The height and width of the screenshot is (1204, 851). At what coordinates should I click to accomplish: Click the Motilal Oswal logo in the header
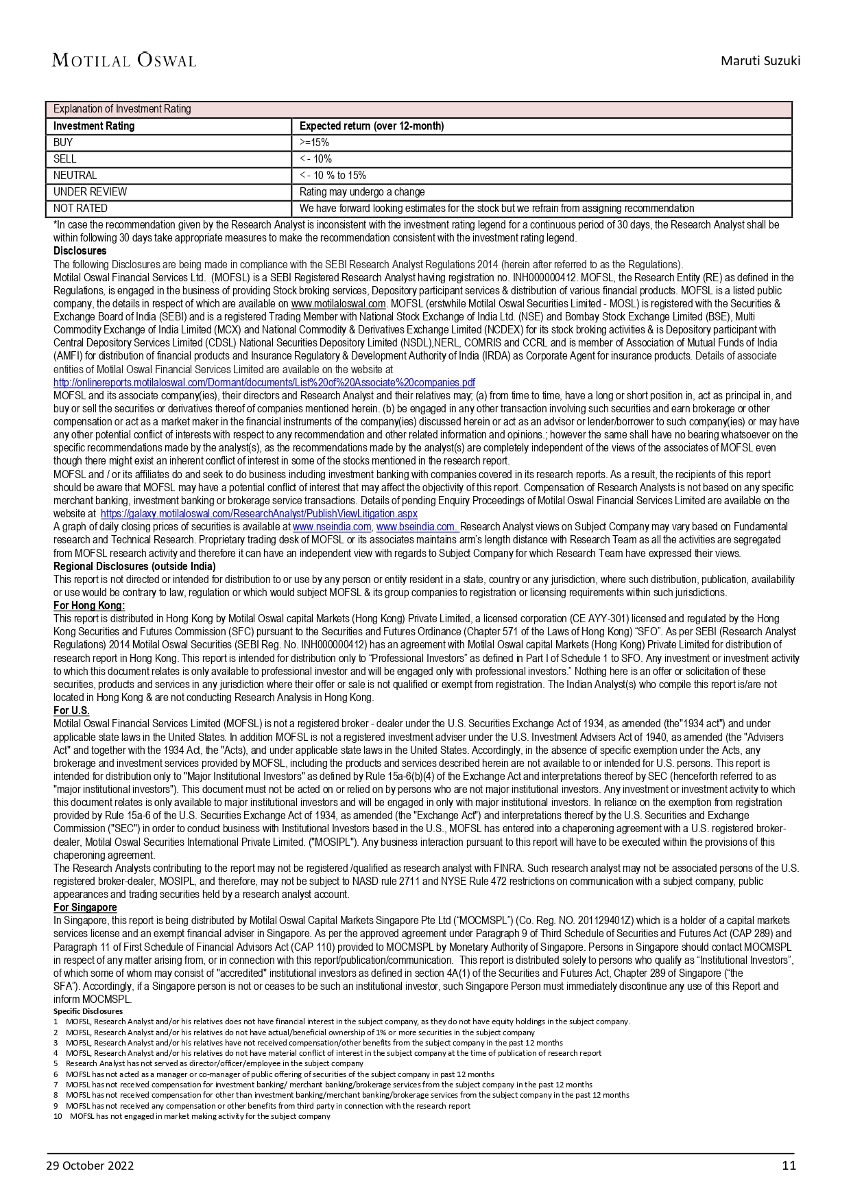[x=124, y=60]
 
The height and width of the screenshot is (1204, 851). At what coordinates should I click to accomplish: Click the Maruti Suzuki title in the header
[x=760, y=61]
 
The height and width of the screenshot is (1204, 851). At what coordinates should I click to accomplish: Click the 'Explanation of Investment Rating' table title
[x=122, y=109]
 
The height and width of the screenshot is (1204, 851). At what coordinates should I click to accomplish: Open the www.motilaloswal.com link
[x=339, y=304]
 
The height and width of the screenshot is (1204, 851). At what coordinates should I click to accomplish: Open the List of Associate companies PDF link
[x=264, y=383]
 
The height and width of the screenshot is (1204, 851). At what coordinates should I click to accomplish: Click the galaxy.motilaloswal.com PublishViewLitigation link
[x=259, y=514]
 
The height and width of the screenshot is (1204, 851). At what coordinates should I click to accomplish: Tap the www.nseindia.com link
[x=332, y=527]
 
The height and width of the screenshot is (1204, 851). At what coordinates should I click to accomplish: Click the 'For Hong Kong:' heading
[x=89, y=606]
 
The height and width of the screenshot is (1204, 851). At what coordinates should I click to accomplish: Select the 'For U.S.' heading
[x=71, y=711]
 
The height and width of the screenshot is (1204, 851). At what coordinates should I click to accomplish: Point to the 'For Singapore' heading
[x=85, y=908]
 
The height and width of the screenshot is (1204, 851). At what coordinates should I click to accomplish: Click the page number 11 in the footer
[x=789, y=1166]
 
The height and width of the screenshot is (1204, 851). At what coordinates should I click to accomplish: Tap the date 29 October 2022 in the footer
[x=90, y=1166]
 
